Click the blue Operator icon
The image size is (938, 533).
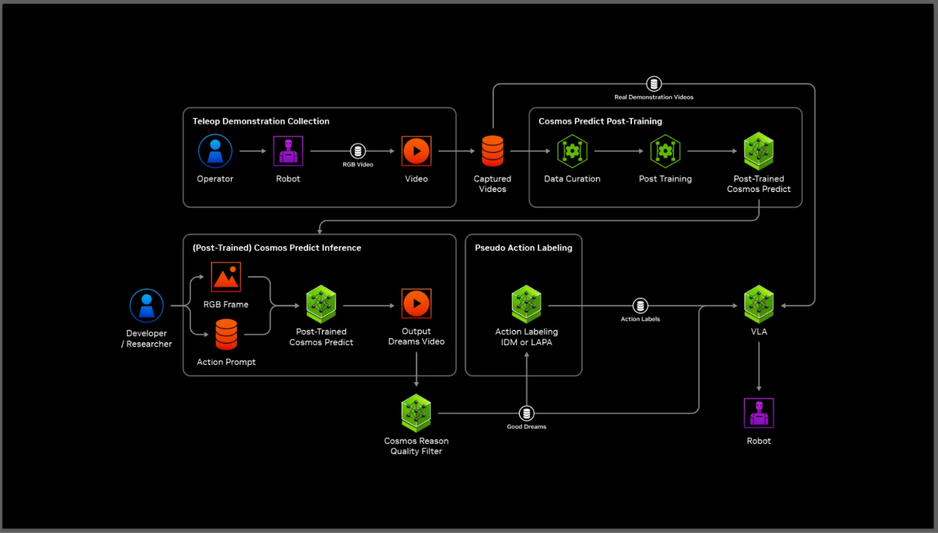tap(215, 151)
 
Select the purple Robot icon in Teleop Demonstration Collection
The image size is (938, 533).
tap(288, 151)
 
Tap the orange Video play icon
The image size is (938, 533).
tap(416, 151)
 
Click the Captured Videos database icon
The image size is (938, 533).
tap(493, 151)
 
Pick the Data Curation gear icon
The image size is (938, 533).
tap(572, 151)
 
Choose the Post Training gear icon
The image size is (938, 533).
tap(665, 151)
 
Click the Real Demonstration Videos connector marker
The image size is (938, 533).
tap(654, 84)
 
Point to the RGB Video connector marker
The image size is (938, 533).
tap(358, 151)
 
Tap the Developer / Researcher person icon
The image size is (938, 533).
tap(147, 305)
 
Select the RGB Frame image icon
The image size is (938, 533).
tap(226, 277)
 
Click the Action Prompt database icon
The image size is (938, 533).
tap(226, 335)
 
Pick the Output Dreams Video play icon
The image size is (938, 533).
tap(416, 304)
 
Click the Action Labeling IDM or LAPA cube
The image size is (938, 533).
tap(526, 304)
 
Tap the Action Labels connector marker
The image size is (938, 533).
tap(640, 305)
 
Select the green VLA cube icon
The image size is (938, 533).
tap(759, 304)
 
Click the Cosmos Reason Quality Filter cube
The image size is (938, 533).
tap(416, 413)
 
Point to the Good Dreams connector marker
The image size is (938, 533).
tap(526, 414)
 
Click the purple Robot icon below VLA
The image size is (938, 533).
tap(759, 413)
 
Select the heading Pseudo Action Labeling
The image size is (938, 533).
tap(523, 248)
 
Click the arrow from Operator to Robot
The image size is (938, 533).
tap(252, 151)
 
